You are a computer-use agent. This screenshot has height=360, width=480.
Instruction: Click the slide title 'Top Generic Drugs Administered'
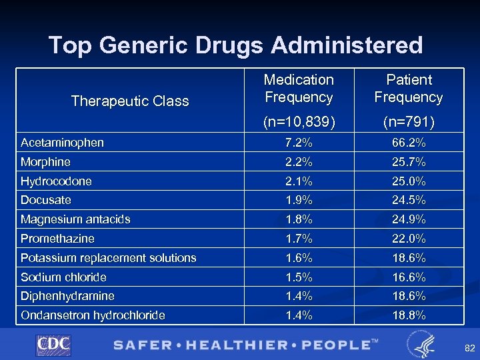235,45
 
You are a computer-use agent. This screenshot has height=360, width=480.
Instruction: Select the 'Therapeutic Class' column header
130,101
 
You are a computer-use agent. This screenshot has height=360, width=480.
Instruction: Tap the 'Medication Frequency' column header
299,89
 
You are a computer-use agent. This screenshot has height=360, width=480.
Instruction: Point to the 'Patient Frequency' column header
409,89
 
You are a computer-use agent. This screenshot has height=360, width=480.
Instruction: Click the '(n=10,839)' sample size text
299,123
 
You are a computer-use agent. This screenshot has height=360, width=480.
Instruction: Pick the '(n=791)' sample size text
409,123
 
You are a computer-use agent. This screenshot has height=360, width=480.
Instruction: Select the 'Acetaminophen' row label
62,143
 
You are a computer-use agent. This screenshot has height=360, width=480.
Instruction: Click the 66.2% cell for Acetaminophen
409,143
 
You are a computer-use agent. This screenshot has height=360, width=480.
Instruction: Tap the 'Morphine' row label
45,162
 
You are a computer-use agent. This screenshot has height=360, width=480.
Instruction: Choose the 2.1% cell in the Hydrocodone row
299,181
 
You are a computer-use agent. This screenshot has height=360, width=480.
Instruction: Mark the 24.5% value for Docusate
409,200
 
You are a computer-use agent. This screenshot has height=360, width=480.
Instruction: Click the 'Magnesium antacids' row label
75,219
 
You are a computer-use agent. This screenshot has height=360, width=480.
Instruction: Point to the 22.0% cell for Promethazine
409,239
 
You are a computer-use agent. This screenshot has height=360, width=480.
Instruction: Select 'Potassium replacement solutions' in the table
108,258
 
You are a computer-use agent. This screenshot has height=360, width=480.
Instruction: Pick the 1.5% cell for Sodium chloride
299,277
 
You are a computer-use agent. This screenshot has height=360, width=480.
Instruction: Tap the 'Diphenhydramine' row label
67,296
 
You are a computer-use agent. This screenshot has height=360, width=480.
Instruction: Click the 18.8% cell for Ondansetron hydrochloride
409,315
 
